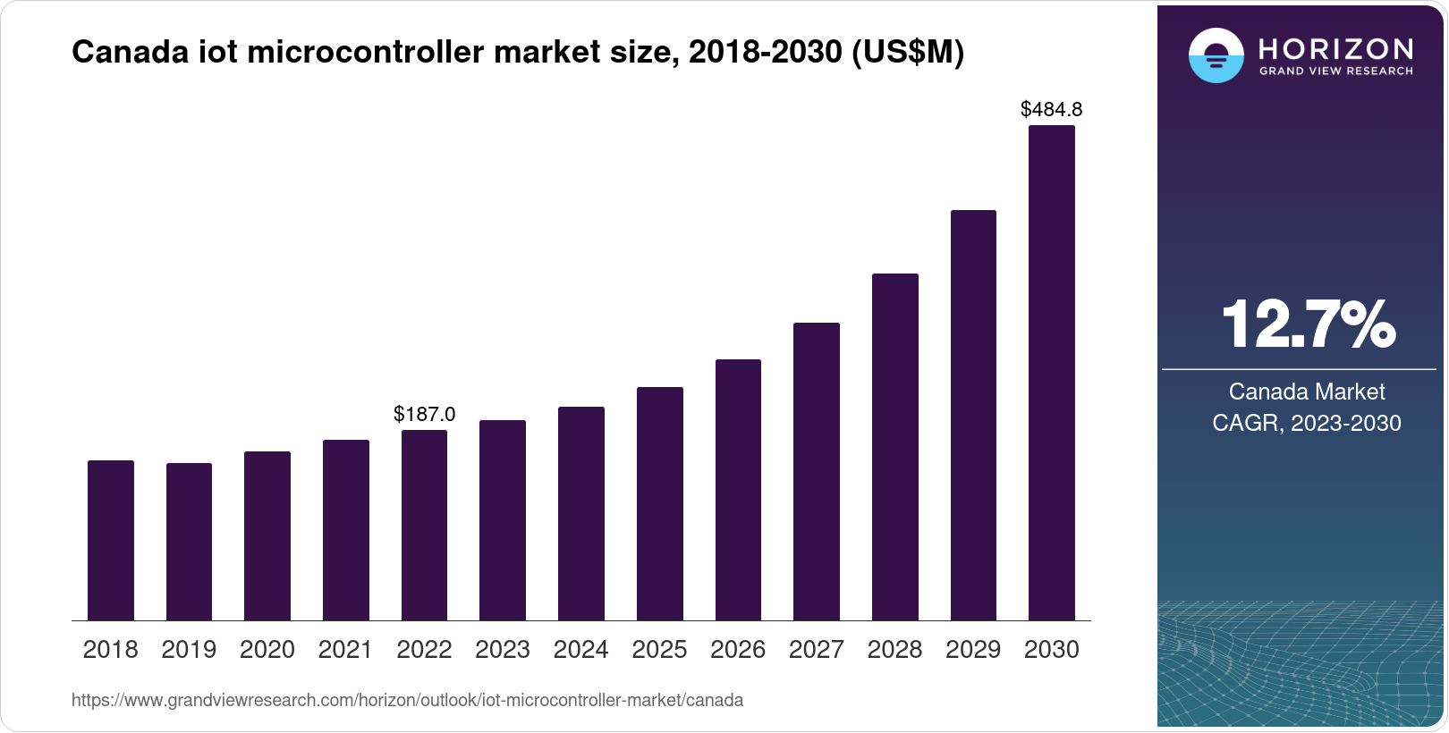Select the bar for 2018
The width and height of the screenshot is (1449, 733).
tap(111, 540)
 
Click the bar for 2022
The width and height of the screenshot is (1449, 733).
tap(424, 526)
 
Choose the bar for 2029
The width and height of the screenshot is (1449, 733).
tap(973, 416)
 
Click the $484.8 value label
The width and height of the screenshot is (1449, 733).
tap(1051, 110)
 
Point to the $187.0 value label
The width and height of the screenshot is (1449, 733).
tap(424, 415)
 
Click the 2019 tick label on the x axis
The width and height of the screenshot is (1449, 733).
tap(189, 650)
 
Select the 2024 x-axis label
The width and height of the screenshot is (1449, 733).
tap(580, 650)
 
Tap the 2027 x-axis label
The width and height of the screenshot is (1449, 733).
tap(816, 650)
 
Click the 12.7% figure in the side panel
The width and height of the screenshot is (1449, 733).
tap(1307, 324)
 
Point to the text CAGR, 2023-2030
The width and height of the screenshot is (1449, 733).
tap(1306, 423)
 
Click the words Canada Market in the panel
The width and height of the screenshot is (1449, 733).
tap(1306, 392)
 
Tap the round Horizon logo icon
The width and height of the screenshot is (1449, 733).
tap(1216, 55)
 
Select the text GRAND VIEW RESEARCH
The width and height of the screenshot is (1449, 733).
tap(1335, 72)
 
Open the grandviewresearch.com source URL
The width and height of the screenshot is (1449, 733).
tap(407, 700)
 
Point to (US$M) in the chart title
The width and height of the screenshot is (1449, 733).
tap(907, 53)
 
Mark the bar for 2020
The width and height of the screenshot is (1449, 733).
tap(267, 536)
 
